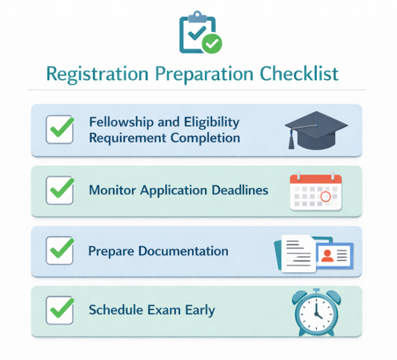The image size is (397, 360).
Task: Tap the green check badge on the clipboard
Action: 212,44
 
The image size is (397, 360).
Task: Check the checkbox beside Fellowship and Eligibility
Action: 59,130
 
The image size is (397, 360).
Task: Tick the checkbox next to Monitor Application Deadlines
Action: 59,190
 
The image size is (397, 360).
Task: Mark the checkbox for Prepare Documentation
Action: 59,250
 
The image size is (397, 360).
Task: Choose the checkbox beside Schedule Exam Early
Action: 59,310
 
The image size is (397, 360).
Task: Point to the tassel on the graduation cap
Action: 291,140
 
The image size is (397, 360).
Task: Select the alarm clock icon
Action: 315,312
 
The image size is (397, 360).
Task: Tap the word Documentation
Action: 182,250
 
